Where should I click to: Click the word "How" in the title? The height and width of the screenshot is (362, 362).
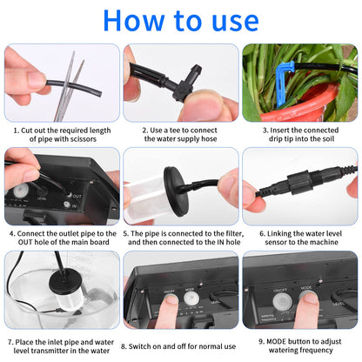click(x=133, y=20)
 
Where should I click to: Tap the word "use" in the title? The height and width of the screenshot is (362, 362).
click(x=235, y=23)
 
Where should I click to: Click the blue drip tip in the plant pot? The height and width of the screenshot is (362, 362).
click(x=284, y=84)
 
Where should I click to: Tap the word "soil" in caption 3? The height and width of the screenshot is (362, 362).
click(x=326, y=138)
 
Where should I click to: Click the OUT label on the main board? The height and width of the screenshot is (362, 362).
click(x=77, y=197)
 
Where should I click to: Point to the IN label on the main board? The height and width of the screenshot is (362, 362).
click(x=74, y=206)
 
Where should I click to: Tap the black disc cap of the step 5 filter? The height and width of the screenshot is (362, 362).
click(x=176, y=191)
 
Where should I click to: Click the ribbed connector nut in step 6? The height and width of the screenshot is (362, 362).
click(x=298, y=184)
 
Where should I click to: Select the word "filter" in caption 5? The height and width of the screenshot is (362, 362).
click(x=233, y=233)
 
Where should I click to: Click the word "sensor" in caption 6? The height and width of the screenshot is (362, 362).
click(x=276, y=242)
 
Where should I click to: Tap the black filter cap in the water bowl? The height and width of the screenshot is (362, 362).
click(x=64, y=280)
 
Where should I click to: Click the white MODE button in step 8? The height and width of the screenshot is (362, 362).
click(x=191, y=298)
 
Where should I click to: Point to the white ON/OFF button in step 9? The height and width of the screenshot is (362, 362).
click(x=280, y=302)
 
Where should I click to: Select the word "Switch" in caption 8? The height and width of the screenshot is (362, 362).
click(x=139, y=346)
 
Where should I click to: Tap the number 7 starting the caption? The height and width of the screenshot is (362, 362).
click(x=10, y=343)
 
